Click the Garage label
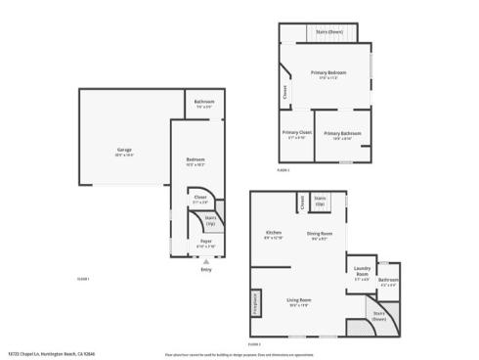click(x=124, y=150)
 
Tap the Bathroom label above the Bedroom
click(x=203, y=103)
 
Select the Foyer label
click(x=206, y=241)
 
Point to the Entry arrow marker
click(x=206, y=261)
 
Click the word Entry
click(x=206, y=270)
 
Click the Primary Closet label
click(x=296, y=133)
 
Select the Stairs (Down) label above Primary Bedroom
click(x=328, y=31)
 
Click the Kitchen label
click(x=274, y=233)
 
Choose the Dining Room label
click(x=321, y=234)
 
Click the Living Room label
click(x=298, y=299)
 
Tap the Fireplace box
click(x=256, y=315)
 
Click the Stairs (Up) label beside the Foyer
click(x=210, y=220)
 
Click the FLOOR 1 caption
click(x=83, y=279)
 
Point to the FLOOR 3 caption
click(x=254, y=344)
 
